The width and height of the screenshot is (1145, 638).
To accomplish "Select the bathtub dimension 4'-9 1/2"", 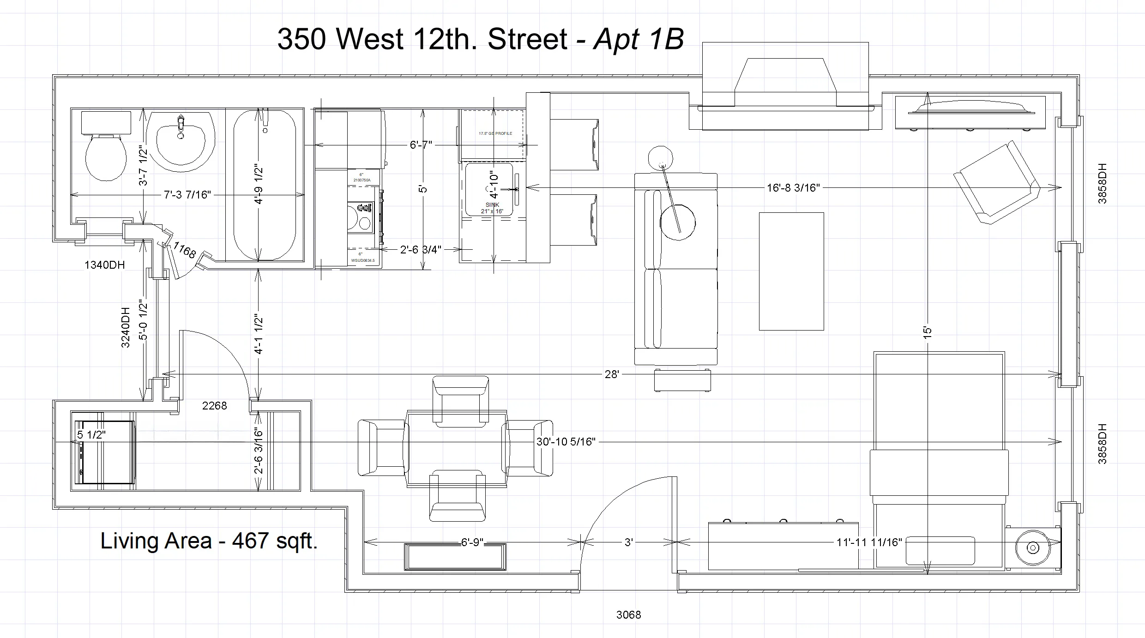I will click(x=259, y=185).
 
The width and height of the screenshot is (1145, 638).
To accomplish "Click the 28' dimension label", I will click(x=611, y=374).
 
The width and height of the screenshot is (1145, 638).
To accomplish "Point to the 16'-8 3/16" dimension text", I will click(x=793, y=188).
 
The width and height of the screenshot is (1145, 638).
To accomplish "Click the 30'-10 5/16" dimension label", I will click(x=566, y=442).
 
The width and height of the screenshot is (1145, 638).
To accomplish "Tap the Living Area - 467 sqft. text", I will click(x=209, y=541).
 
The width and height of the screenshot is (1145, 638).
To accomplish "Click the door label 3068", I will click(x=628, y=615).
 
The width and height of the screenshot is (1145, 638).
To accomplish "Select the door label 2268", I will click(x=214, y=406).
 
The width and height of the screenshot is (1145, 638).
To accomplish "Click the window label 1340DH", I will click(x=104, y=265).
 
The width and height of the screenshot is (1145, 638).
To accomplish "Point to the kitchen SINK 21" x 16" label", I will click(x=492, y=208).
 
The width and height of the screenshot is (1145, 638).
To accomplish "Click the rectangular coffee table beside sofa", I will click(x=791, y=271).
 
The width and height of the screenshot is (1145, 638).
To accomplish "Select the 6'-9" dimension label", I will click(x=472, y=542).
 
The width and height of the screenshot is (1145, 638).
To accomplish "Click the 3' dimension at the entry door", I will click(x=628, y=542).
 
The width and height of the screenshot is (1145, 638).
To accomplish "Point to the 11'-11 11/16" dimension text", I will click(x=869, y=542).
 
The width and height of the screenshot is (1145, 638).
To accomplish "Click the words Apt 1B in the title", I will click(x=638, y=39).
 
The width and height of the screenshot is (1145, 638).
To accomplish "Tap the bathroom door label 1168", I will click(x=184, y=251).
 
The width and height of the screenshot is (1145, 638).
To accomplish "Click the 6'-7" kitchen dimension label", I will click(x=421, y=145).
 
